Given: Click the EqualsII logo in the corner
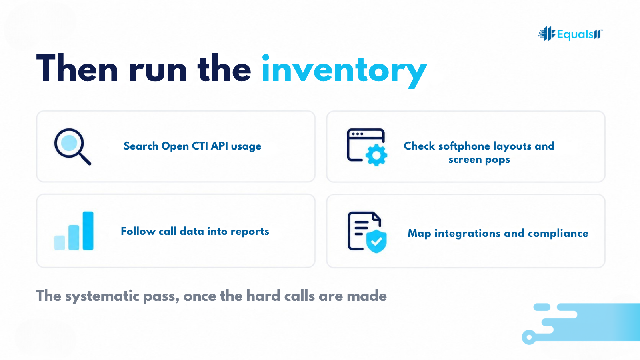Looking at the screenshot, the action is (570, 34).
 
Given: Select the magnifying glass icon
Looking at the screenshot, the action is (72, 146).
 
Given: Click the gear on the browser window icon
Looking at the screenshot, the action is (376, 155).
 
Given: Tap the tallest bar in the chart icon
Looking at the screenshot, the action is (88, 231).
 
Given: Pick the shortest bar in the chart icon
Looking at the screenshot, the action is (60, 243).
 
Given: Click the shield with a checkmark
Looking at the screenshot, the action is (376, 242).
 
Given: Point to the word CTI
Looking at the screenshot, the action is (200, 146).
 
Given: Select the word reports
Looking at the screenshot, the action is (250, 232).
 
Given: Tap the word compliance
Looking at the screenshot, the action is (558, 234).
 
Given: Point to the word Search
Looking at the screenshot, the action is (141, 146).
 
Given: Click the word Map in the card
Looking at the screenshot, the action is (419, 234).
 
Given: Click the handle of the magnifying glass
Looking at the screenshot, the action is (85, 159).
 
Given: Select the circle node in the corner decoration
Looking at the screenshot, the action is (529, 337).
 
